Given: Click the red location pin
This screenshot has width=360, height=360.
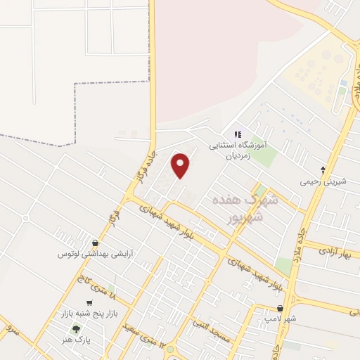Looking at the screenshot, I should [181, 165].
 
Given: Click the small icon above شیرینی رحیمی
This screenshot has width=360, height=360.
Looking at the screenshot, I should [323, 169].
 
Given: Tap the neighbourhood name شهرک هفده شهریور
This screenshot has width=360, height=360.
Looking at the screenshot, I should [239, 209].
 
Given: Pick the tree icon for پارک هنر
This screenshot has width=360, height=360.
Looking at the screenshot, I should [76, 328].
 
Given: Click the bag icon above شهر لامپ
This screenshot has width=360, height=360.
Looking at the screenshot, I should [281, 309].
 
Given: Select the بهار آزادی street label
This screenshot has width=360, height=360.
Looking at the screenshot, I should [337, 251].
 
